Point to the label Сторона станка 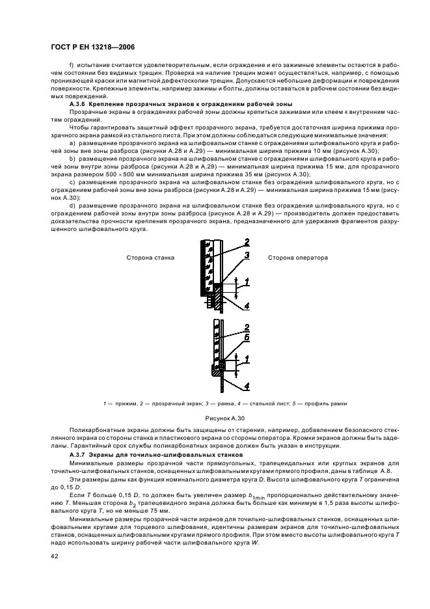150,258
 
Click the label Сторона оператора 298,258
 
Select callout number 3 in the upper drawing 247,256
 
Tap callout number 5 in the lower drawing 247,338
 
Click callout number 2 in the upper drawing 247,243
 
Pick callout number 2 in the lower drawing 247,327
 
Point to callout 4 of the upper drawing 247,307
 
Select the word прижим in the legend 122,404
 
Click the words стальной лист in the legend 273,404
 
